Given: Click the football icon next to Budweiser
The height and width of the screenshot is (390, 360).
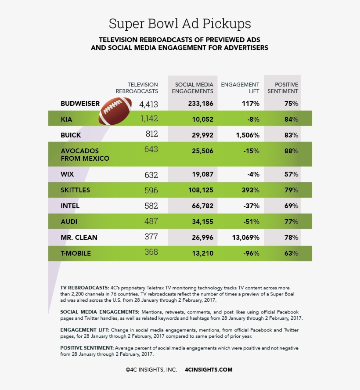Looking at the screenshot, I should tap(115, 111).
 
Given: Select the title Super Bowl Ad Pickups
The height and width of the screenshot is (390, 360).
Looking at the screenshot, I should tap(180, 23).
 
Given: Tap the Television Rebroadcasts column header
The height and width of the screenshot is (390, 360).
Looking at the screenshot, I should tap(137, 88).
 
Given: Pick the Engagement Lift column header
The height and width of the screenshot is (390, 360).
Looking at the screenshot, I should tap(241, 88).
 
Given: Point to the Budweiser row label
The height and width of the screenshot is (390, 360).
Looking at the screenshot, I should tap(80, 104).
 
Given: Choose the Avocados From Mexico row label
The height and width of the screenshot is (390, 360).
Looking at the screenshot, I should tap(85, 155).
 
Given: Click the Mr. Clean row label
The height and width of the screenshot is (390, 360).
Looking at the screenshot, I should tap(79, 238).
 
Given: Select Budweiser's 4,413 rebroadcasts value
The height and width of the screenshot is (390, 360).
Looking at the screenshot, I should tap(148, 104).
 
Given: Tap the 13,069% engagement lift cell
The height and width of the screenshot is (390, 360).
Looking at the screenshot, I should tap(245, 238).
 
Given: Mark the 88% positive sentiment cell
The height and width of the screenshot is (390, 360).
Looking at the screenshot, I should tap(291, 151).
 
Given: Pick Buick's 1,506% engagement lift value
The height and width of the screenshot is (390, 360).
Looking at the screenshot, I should tap(247, 135).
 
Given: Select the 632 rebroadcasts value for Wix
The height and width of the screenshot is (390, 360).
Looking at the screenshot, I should tap(151, 175).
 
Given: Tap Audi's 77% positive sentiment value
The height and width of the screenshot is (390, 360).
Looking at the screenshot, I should tap(291, 222).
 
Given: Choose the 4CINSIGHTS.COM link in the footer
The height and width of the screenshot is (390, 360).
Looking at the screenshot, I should tap(209, 370).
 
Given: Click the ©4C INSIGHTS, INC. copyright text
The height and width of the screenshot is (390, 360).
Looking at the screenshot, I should tap(151, 370).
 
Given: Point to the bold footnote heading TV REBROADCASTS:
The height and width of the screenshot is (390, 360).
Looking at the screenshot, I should tap(84, 287).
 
